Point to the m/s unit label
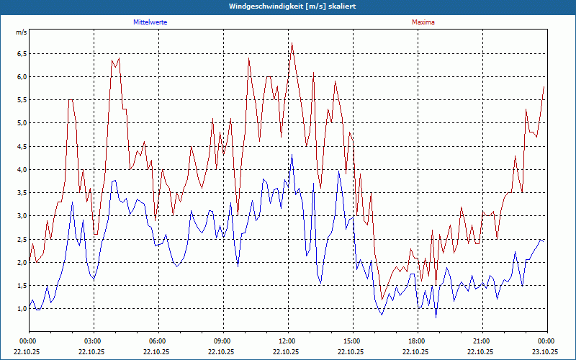[x=21, y=33]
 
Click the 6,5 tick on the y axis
[x=21, y=54]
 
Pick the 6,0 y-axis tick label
[x=21, y=77]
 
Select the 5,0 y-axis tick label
[x=21, y=123]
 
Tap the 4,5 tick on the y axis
[x=21, y=146]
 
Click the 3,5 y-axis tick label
[x=21, y=193]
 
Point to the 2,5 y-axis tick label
[x=21, y=239]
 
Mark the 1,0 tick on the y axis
[x=21, y=309]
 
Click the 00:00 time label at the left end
[x=28, y=341]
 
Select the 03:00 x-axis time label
[x=93, y=341]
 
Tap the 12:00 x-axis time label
[x=287, y=341]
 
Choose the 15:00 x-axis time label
[x=352, y=341]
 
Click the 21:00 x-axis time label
[x=482, y=341]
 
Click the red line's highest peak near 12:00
[x=292, y=43]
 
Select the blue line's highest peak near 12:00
[x=292, y=155]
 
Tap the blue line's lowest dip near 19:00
[x=436, y=317]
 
